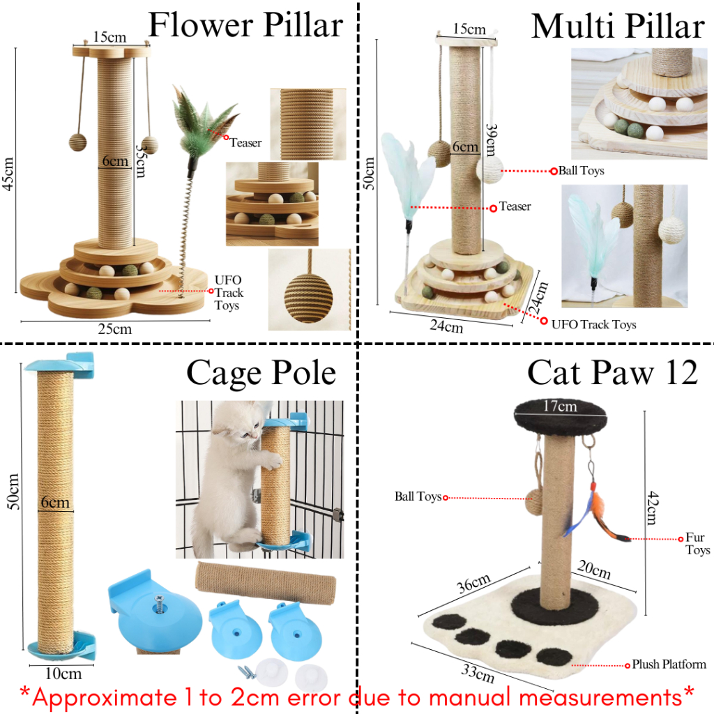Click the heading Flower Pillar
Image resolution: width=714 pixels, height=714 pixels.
click(246, 25)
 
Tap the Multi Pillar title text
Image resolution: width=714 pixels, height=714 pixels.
click(618, 26)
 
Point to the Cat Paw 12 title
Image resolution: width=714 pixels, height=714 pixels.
click(612, 372)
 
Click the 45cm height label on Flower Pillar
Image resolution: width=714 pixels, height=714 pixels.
click(9, 174)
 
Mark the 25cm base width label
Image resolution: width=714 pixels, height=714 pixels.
click(115, 329)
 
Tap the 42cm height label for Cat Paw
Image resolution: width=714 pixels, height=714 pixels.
click(653, 508)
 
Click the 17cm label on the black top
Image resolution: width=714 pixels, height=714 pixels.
click(560, 406)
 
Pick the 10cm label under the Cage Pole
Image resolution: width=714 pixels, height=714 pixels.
click(63, 674)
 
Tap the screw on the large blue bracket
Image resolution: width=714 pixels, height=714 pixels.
click(160, 602)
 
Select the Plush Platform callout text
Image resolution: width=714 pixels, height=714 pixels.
click(669, 664)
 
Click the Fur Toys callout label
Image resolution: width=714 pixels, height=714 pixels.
click(697, 544)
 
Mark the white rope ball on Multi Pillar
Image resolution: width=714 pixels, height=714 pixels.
click(489, 169)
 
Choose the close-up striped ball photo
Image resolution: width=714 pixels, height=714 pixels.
click(310, 289)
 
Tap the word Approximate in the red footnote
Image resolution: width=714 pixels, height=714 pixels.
click(105, 697)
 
